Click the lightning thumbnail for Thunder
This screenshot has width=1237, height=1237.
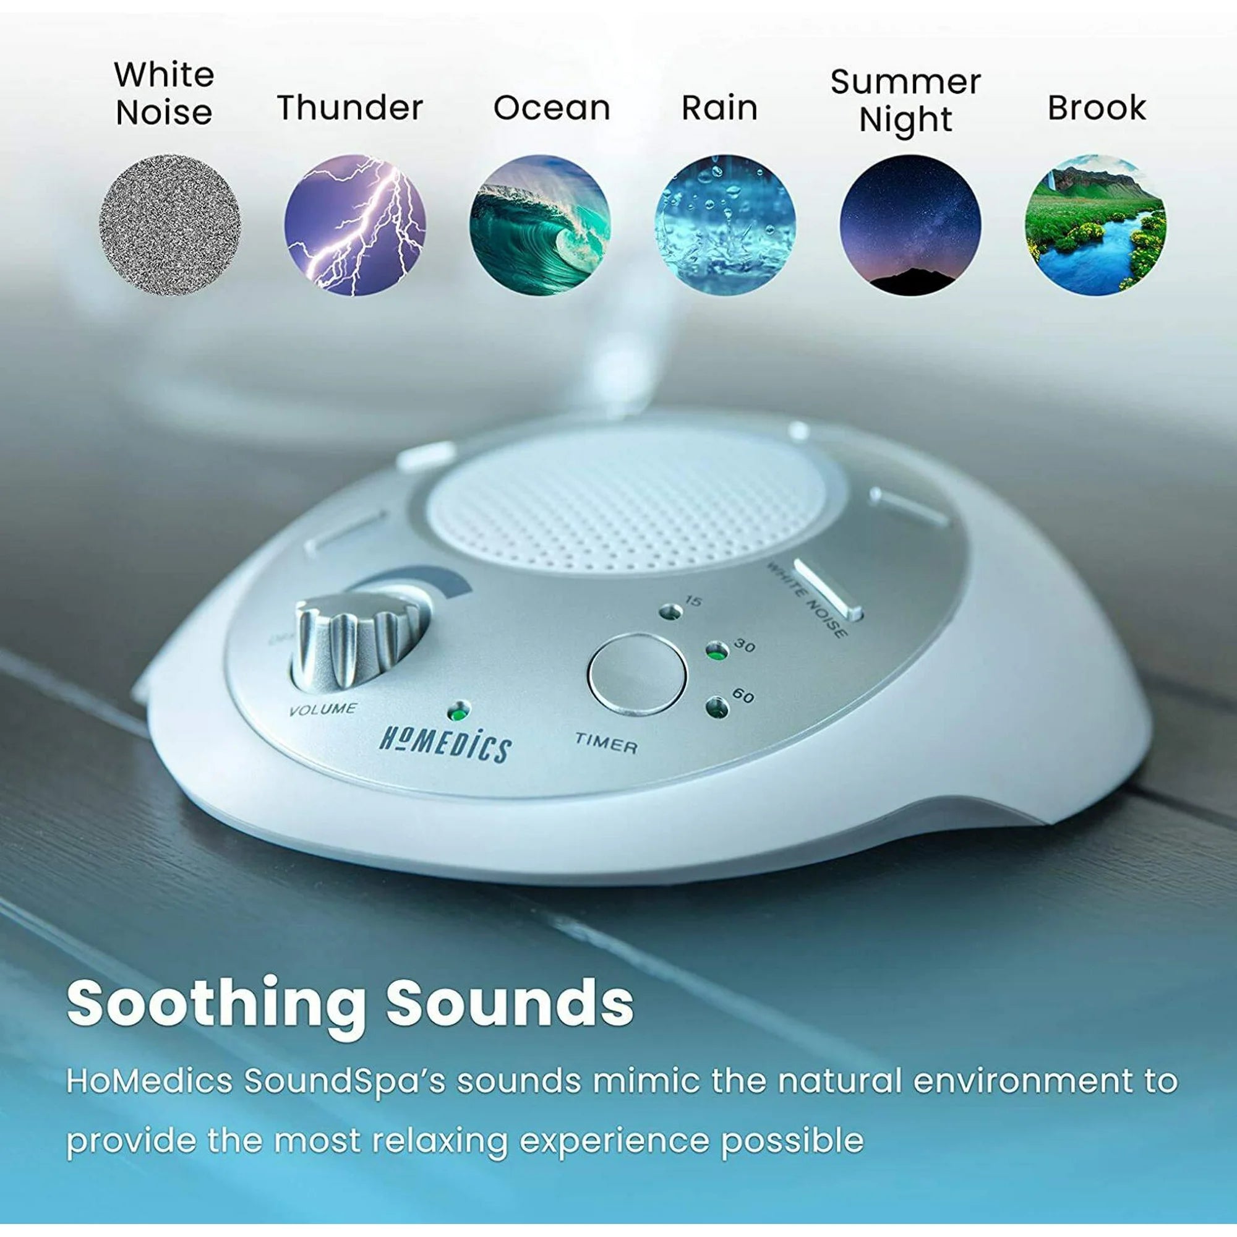[354, 224]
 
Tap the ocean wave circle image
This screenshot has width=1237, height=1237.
[540, 224]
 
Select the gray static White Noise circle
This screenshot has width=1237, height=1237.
[169, 224]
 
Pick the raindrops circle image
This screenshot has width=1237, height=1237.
[725, 224]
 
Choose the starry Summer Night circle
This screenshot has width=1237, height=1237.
[910, 224]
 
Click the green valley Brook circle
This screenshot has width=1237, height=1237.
[1095, 224]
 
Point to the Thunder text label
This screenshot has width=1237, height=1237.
[350, 107]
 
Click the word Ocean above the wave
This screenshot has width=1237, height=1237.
[551, 108]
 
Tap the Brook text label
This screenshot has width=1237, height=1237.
[1096, 108]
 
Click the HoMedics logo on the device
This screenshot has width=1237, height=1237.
[445, 745]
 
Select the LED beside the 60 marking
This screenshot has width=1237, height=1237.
[716, 707]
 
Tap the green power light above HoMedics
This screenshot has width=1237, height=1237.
[458, 711]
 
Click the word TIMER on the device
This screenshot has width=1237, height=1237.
[606, 743]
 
